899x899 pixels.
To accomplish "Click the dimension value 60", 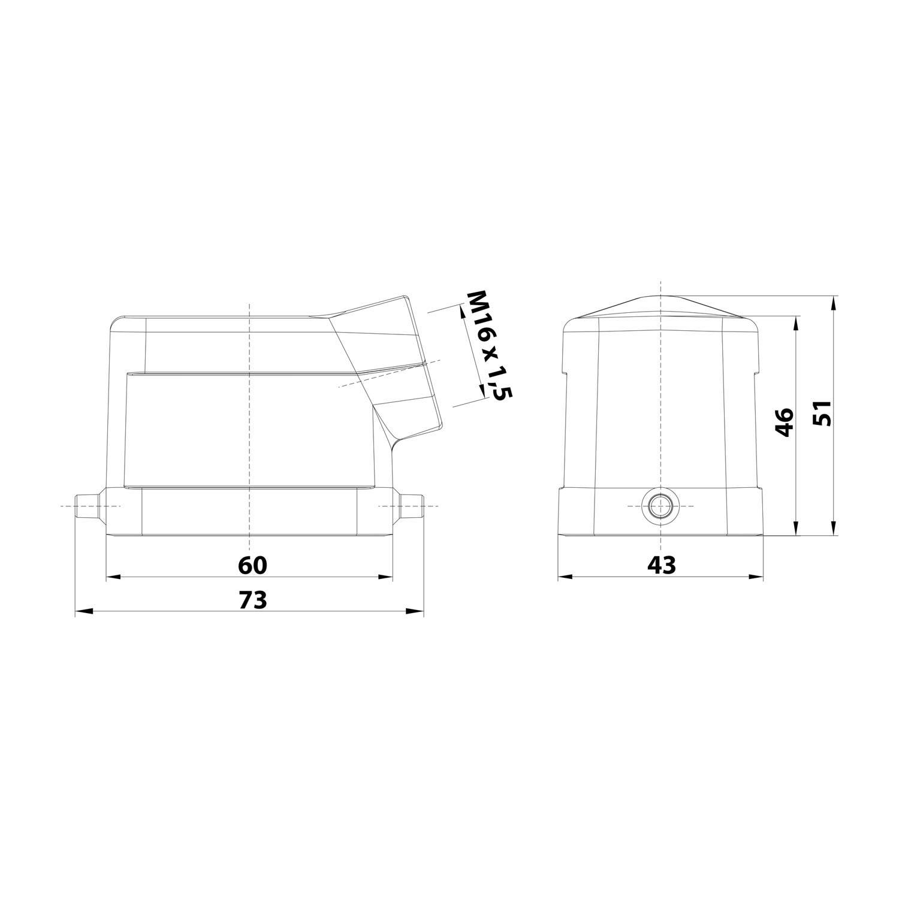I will click(252, 565).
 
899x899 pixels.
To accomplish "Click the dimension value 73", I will click(252, 600).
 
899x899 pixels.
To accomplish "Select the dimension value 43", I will click(661, 565).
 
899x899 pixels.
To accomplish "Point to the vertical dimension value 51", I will click(824, 412).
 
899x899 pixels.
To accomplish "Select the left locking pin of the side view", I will click(87, 506).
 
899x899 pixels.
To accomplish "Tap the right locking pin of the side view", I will click(411, 506).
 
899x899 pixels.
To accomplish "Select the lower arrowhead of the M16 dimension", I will click(481, 392).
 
